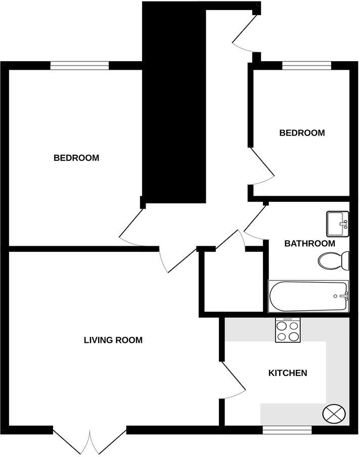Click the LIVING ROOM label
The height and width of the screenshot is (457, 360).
tap(113, 340)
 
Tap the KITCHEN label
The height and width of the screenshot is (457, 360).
tap(287, 373)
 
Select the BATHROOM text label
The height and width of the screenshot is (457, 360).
tap(309, 243)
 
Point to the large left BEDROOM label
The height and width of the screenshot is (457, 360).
tap(76, 158)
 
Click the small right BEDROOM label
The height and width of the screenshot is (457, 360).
tap(302, 133)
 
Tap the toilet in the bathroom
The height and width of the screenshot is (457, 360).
tap(334, 260)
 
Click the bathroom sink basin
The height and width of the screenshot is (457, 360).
tap(338, 223)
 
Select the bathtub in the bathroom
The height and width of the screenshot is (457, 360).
tap(308, 296)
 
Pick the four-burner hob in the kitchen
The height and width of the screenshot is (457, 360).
tap(288, 330)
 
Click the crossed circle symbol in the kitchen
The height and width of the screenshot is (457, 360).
tap(333, 413)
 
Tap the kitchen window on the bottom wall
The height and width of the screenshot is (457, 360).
tap(287, 430)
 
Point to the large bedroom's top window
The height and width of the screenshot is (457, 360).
tap(80, 65)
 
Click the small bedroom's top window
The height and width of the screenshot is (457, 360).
tap(306, 65)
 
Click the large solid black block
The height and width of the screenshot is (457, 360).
tap(174, 101)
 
